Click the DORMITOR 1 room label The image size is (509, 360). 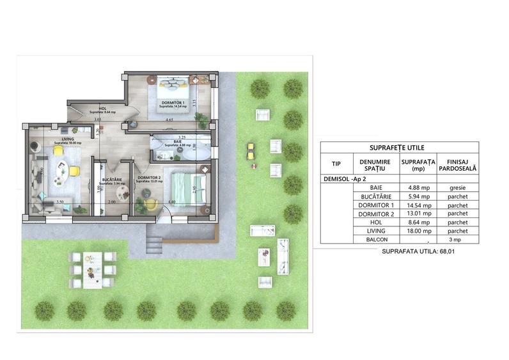pyautogui.click(x=173, y=102)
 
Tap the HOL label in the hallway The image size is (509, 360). pyautogui.click(x=102, y=109)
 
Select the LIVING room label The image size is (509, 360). pyautogui.click(x=68, y=139)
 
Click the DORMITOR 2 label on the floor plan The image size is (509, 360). pyautogui.click(x=148, y=177)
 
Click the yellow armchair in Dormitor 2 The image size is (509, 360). pyautogui.click(x=151, y=204)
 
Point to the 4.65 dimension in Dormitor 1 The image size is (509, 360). pyautogui.click(x=169, y=120)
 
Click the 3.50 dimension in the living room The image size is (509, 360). pyautogui.click(x=59, y=202)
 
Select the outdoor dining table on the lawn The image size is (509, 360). pyautogui.click(x=93, y=267)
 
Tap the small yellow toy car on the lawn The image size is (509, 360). pyautogui.click(x=251, y=152)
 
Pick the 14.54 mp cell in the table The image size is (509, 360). pyautogui.click(x=419, y=205)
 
